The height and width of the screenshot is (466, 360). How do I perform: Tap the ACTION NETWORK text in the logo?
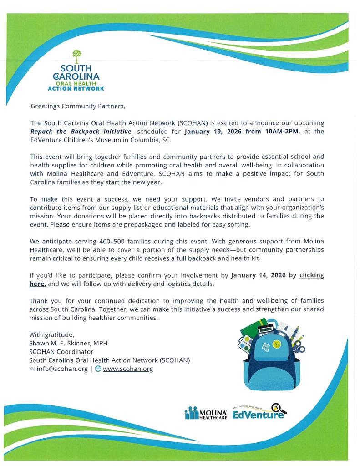[x=76, y=88]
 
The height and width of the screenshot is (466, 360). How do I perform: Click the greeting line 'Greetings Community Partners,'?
[x=77, y=106]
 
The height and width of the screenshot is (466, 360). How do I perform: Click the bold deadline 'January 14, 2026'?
[x=259, y=275]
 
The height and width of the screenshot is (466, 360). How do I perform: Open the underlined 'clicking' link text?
[x=311, y=275]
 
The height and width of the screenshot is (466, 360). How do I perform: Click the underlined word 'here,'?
[x=38, y=284]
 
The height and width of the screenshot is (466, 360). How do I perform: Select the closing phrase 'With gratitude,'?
[x=51, y=334]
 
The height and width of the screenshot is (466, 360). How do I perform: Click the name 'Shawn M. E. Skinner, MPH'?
[x=68, y=343]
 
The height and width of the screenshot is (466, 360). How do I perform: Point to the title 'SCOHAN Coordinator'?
[x=61, y=352]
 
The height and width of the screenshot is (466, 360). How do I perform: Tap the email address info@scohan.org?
[x=62, y=369]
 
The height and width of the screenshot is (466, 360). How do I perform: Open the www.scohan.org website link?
[x=128, y=369]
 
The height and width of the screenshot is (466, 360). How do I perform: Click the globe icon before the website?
[x=98, y=369]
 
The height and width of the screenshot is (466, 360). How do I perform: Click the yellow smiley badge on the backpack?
[x=276, y=342]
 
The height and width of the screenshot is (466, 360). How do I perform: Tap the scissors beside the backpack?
[x=299, y=348]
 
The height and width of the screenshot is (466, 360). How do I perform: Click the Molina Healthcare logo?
[x=206, y=413]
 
